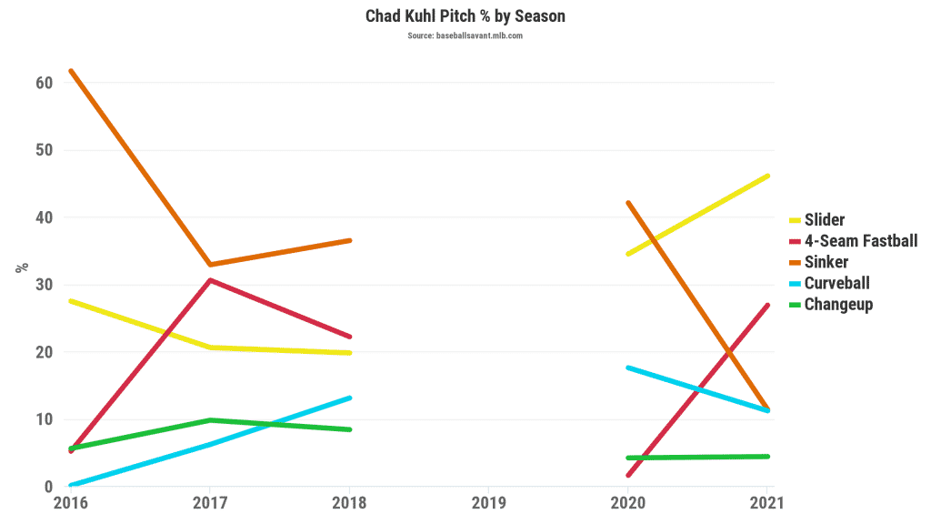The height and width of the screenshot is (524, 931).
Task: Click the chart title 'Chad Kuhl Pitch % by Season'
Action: (x=465, y=16)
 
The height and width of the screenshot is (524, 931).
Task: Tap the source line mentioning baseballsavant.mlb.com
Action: (x=465, y=35)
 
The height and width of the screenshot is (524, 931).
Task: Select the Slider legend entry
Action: (x=824, y=220)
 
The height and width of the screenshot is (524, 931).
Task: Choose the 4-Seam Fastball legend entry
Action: (x=860, y=241)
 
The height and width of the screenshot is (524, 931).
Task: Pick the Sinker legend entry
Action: (x=826, y=262)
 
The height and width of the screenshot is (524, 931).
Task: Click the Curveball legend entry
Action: (x=836, y=283)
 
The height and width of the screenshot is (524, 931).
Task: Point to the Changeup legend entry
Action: (x=838, y=304)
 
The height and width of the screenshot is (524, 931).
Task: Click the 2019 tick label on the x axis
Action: (x=488, y=502)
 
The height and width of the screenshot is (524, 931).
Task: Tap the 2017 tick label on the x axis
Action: (x=210, y=502)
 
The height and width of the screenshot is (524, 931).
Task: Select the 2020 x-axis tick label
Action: (x=627, y=502)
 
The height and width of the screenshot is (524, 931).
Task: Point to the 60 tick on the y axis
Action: (x=45, y=83)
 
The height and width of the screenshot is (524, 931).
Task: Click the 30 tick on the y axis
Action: (x=45, y=285)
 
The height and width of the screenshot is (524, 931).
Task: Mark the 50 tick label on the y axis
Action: (x=45, y=150)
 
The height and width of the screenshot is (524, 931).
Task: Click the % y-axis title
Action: (x=22, y=267)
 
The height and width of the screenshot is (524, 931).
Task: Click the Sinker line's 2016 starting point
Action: (x=71, y=71)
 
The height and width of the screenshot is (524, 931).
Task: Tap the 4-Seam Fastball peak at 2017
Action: (x=210, y=280)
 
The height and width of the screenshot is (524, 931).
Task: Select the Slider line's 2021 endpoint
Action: (x=767, y=176)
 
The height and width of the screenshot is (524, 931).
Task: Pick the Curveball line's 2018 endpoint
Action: (x=349, y=398)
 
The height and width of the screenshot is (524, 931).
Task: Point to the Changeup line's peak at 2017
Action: (x=210, y=420)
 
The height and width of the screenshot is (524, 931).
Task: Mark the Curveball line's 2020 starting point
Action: (x=628, y=368)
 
